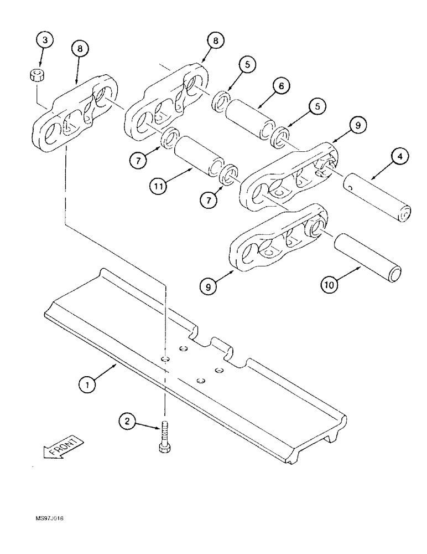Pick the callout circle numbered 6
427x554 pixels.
point(280,86)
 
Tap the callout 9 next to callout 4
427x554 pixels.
point(357,127)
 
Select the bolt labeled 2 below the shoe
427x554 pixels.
point(164,438)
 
